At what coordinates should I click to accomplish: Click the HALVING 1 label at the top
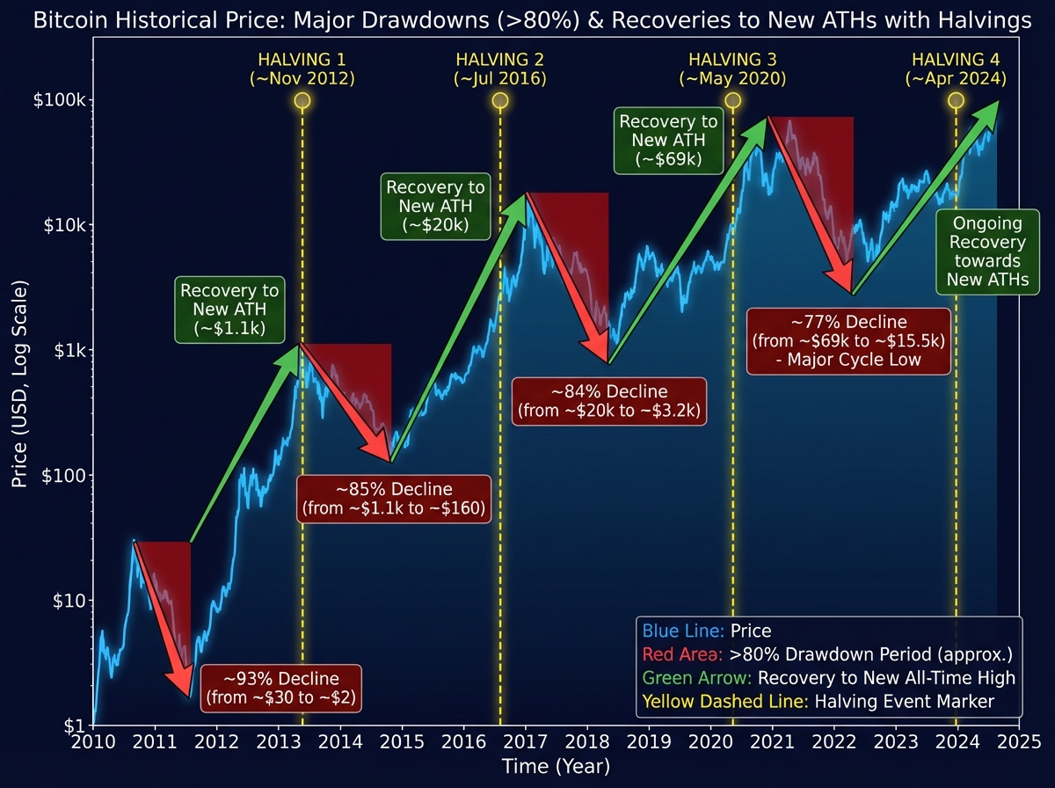click(x=302, y=69)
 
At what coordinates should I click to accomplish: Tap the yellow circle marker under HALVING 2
click(x=500, y=100)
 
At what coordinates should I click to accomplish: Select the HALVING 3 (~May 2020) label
click(x=732, y=69)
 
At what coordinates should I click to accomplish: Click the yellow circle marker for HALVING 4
click(x=957, y=100)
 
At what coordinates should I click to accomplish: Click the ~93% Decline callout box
click(x=281, y=689)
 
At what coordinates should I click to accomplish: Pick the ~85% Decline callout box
click(x=393, y=499)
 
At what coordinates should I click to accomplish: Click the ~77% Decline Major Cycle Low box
click(x=848, y=340)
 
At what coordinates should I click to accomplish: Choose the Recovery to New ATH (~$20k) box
click(x=435, y=207)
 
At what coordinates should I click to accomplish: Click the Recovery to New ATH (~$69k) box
click(x=668, y=141)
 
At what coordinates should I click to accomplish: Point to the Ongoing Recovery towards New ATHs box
click(x=984, y=252)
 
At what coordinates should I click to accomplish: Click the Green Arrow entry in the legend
click(x=828, y=678)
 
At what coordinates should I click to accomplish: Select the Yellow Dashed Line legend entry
click(x=818, y=702)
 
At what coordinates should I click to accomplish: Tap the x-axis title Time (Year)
click(x=556, y=768)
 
